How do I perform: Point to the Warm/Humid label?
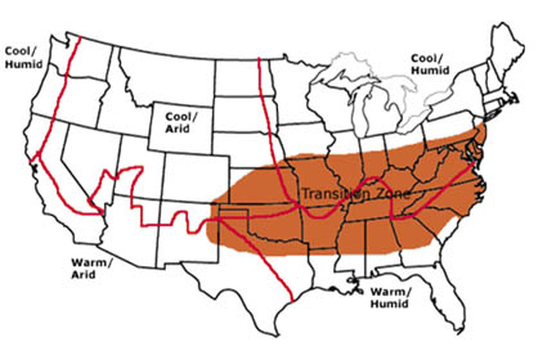pos(392,298)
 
